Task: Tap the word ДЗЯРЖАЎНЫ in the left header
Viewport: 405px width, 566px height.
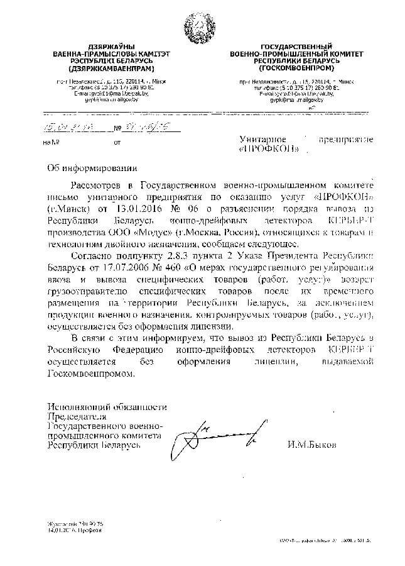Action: [x=104, y=48]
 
